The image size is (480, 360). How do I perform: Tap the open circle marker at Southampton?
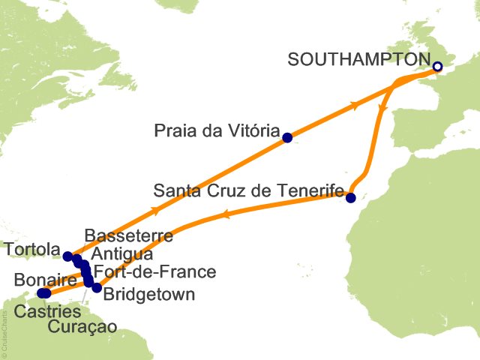[437, 67]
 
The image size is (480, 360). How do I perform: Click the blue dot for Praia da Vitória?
[286, 137]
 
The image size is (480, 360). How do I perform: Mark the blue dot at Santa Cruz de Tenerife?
[350, 197]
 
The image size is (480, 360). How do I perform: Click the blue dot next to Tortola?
[67, 256]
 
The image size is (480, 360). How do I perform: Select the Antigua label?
[121, 254]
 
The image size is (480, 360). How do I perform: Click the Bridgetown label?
[149, 294]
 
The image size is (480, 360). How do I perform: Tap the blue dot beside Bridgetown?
[97, 287]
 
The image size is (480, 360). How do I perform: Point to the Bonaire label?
[44, 280]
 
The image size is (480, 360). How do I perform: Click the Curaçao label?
[82, 327]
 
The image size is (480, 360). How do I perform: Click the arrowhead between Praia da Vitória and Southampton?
[355, 108]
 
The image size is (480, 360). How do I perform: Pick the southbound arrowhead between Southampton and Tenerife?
[382, 109]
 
